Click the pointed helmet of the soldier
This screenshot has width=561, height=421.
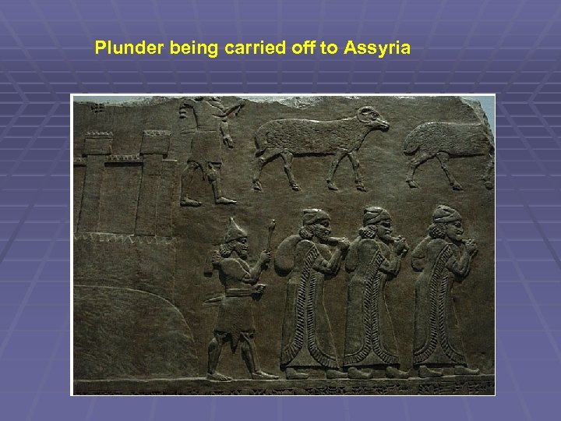tap(233, 230)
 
